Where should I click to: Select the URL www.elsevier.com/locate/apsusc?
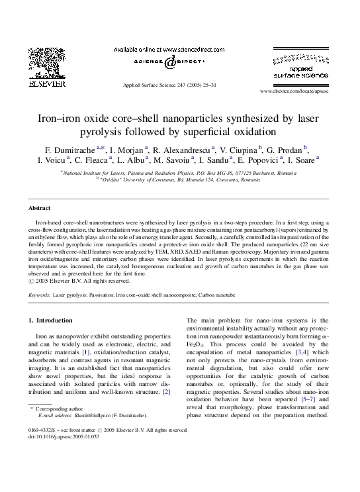pyautogui.click(x=294, y=90)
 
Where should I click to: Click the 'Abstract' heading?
pyautogui.click(x=41, y=207)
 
